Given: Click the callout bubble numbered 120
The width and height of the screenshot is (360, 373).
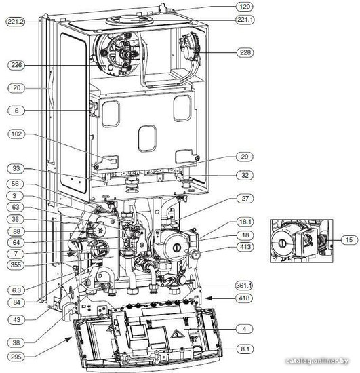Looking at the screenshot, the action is click(x=245, y=7).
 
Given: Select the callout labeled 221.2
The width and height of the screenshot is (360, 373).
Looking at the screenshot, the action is click(x=16, y=22).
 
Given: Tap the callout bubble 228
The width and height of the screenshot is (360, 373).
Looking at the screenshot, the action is click(x=245, y=52).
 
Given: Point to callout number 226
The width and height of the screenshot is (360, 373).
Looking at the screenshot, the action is click(x=16, y=65).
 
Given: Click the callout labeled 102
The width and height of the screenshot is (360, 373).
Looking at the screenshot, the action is click(x=16, y=134).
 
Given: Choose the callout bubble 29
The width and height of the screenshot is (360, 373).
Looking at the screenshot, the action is click(x=245, y=157).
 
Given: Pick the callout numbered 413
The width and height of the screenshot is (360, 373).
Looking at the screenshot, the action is click(x=245, y=247).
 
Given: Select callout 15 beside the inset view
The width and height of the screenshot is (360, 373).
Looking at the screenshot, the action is click(x=349, y=239).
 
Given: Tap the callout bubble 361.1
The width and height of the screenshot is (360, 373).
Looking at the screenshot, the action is click(x=244, y=285).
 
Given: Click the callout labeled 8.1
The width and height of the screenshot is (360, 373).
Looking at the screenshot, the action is click(x=245, y=349).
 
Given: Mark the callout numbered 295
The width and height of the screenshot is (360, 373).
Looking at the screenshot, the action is click(x=16, y=357).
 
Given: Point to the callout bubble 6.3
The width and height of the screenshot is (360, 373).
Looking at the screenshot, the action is click(x=16, y=290).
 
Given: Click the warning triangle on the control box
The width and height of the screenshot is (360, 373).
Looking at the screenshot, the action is click(x=178, y=334).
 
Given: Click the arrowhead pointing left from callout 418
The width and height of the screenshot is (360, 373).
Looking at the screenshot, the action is click(x=209, y=298).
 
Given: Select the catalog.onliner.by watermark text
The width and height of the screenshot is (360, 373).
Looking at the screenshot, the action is click(x=318, y=361).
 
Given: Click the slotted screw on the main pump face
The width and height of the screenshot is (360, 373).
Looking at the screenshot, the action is click(x=176, y=247).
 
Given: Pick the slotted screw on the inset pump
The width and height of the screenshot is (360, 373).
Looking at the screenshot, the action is click(x=282, y=243).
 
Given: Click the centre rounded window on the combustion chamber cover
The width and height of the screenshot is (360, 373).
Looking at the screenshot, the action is click(x=147, y=138).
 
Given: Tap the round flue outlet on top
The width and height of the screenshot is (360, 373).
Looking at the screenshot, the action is click(x=129, y=20).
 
